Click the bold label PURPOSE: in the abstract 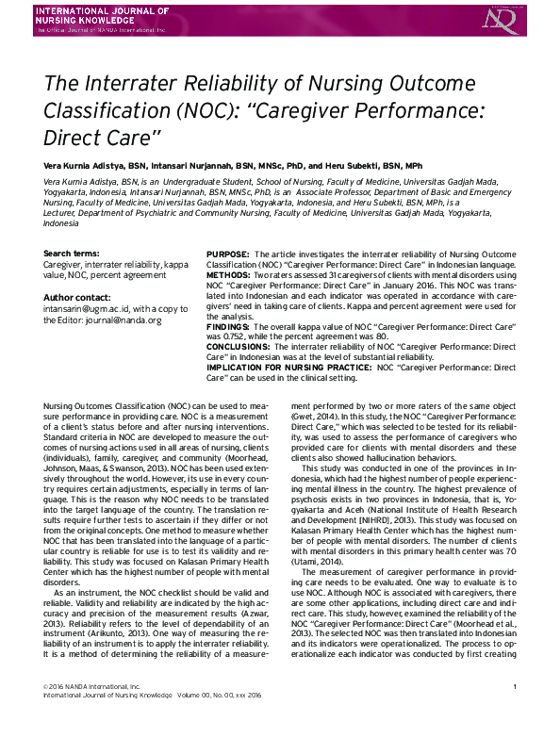click(228, 254)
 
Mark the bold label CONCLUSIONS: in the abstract click(238, 346)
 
